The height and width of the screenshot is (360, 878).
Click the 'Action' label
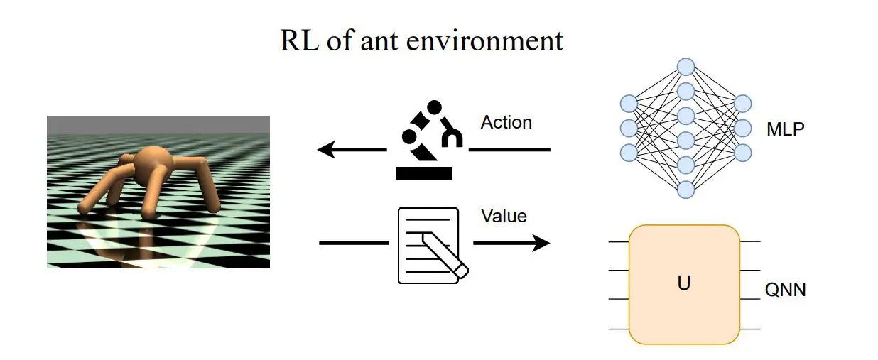click(506, 122)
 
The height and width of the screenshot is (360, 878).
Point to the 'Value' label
click(504, 216)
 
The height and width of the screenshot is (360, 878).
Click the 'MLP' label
click(785, 130)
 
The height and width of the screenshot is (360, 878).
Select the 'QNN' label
click(785, 290)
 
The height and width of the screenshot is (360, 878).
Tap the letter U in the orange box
click(684, 283)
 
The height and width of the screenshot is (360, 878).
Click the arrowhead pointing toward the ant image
click(325, 150)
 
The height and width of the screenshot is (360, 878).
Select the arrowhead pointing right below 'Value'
click(542, 244)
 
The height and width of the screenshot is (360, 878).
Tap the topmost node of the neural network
click(685, 67)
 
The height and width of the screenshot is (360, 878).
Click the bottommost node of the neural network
click(685, 190)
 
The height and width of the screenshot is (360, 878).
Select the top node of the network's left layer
click(628, 104)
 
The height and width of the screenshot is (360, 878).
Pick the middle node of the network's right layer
click(743, 129)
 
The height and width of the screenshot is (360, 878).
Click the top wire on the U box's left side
click(619, 241)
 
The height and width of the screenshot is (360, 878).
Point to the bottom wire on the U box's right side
click(750, 329)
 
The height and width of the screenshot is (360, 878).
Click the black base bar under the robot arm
click(423, 172)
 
